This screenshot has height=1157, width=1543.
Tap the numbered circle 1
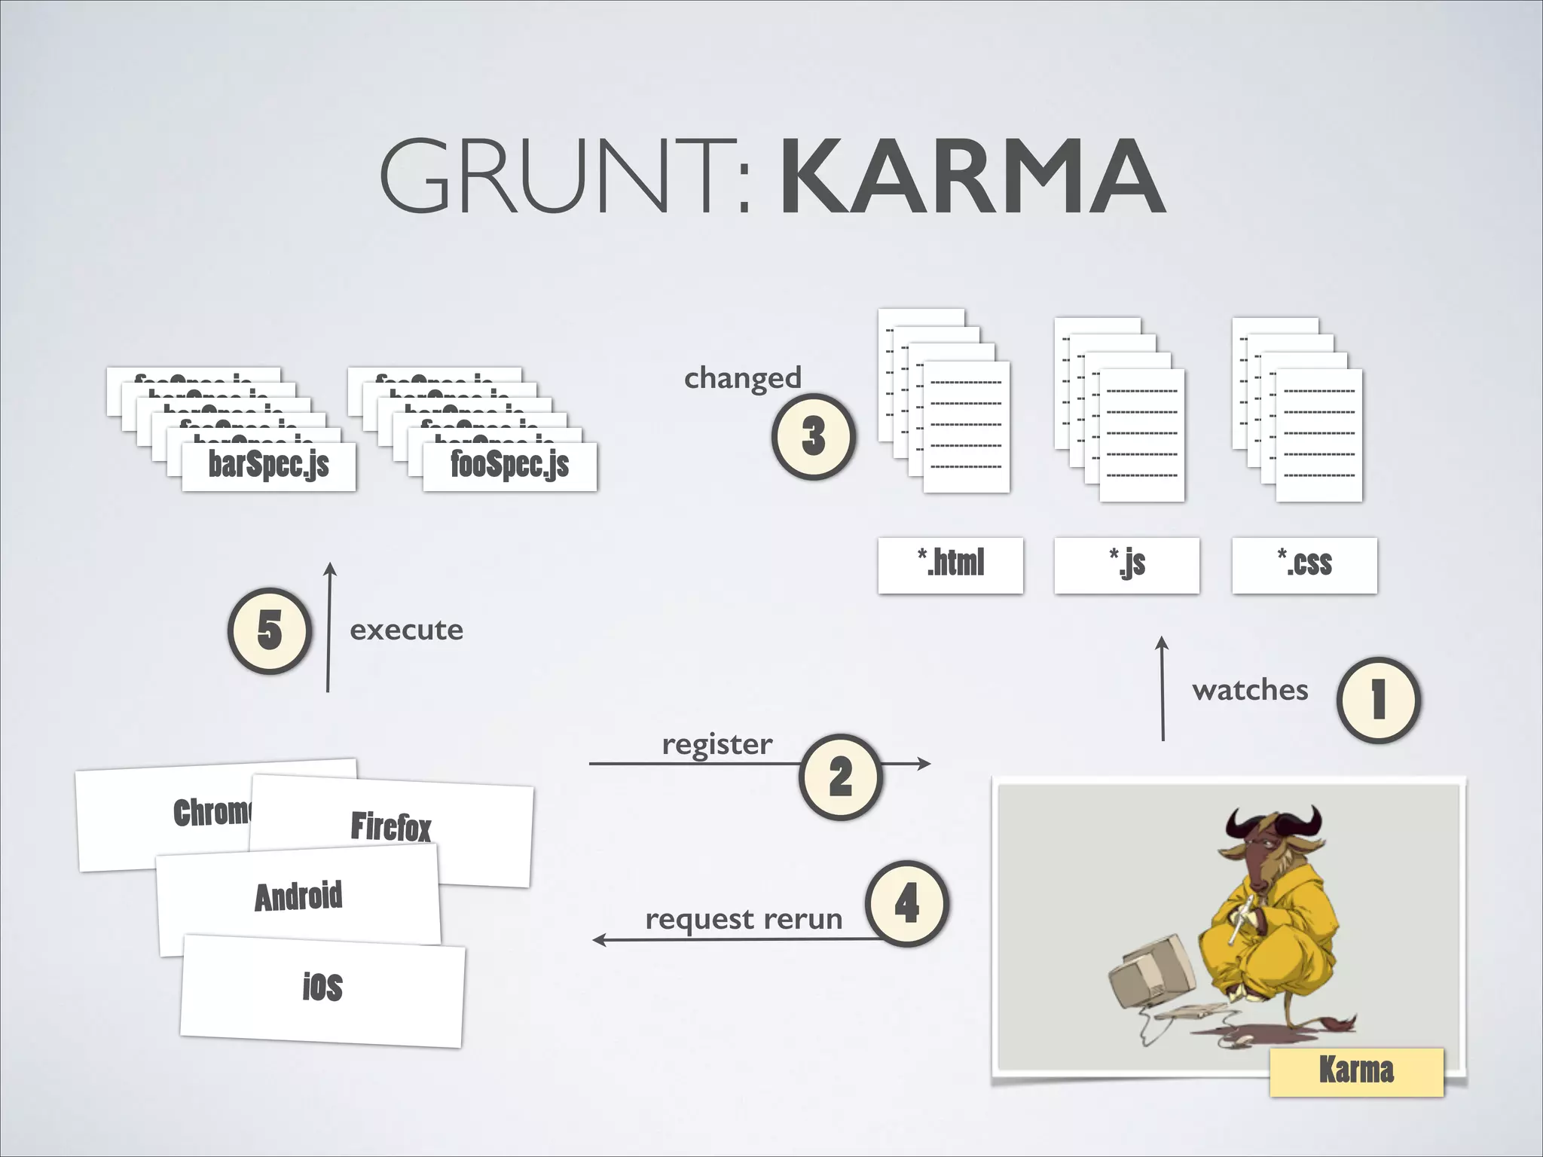click(1378, 700)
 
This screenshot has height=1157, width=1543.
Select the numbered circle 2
click(840, 776)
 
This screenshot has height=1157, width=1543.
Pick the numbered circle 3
click(813, 436)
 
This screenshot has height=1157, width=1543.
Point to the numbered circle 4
click(906, 903)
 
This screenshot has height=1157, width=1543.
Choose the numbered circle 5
click(270, 630)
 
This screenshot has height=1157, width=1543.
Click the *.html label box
click(950, 565)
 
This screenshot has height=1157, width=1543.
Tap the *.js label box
click(1126, 565)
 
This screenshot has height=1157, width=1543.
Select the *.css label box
click(1304, 565)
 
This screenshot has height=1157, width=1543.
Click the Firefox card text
click(391, 826)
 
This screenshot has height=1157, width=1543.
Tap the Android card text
click(298, 896)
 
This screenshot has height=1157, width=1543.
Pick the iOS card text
click(322, 987)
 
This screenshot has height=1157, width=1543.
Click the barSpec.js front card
click(269, 466)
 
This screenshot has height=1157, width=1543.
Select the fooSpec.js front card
click(510, 466)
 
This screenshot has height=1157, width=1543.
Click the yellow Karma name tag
click(1356, 1071)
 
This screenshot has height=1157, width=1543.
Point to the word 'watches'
click(1250, 690)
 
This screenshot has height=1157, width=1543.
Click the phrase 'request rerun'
click(744, 920)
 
